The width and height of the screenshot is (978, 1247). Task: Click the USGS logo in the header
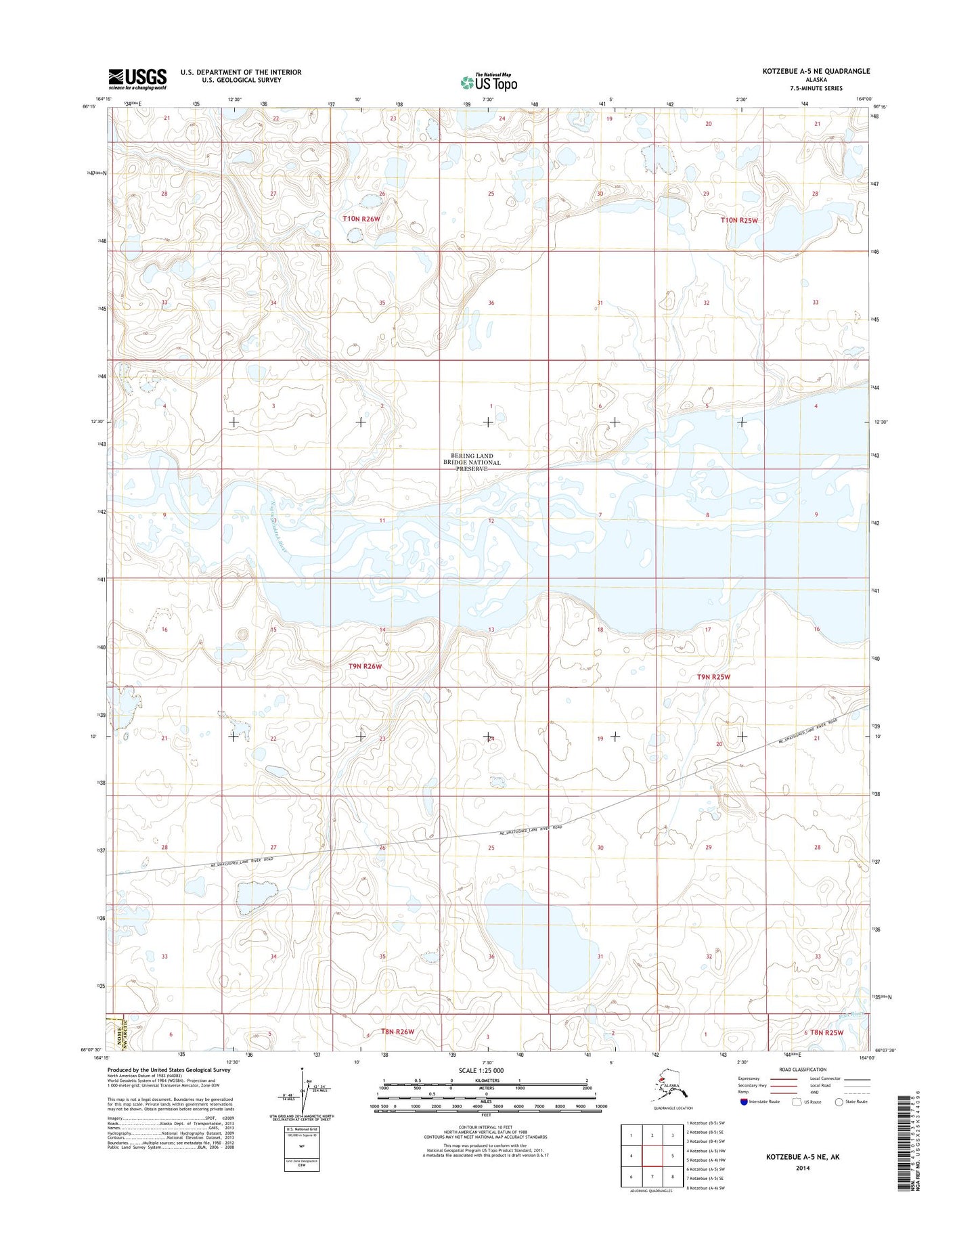pyautogui.click(x=137, y=79)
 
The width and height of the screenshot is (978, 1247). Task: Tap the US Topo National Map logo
pyautogui.click(x=489, y=82)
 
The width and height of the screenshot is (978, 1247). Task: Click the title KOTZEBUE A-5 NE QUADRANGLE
pyautogui.click(x=815, y=71)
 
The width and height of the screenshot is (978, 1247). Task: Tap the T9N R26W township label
pyautogui.click(x=365, y=666)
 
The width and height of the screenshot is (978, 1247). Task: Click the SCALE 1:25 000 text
pyautogui.click(x=486, y=1070)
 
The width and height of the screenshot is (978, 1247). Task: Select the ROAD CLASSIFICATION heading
pyautogui.click(x=802, y=1070)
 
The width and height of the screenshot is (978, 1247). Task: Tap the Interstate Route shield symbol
pyautogui.click(x=744, y=1101)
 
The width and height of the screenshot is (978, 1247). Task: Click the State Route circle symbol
pyautogui.click(x=839, y=1101)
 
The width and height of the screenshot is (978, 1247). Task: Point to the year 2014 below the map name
pyautogui.click(x=803, y=1168)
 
